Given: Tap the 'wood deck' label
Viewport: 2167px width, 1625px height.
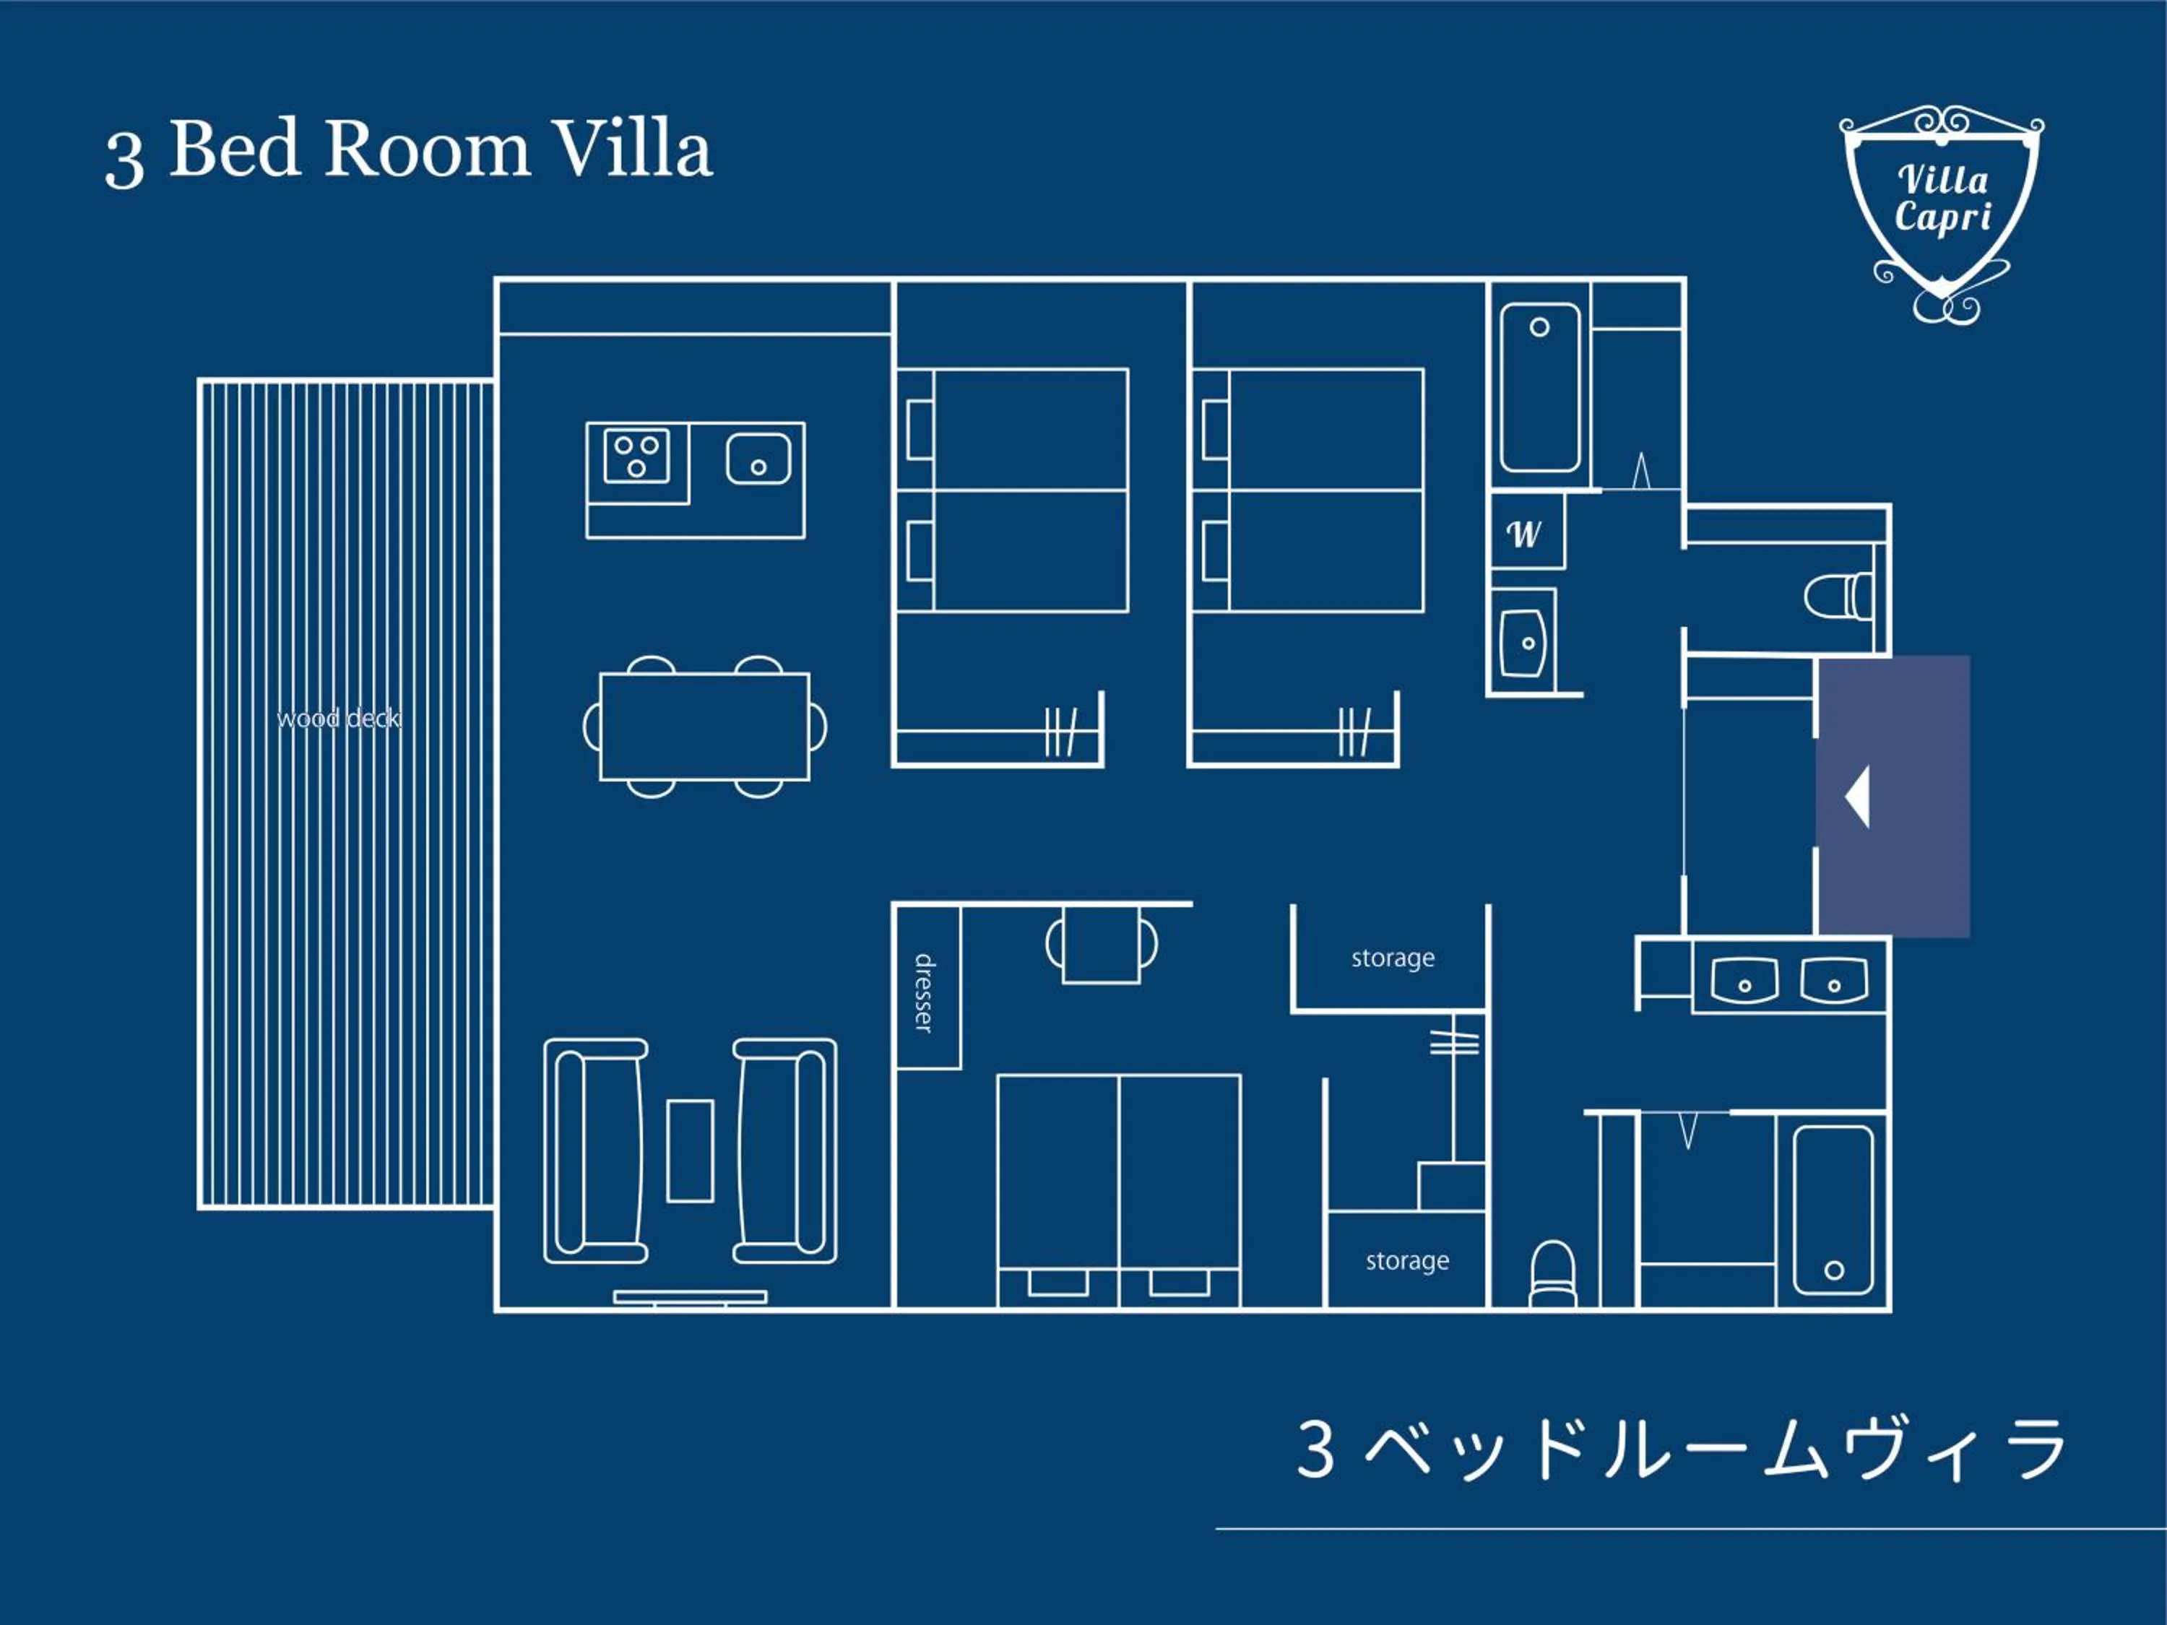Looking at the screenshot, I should tap(338, 719).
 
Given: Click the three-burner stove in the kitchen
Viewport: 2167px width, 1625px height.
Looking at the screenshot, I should tap(637, 456).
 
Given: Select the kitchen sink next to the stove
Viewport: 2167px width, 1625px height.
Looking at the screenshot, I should tap(758, 459).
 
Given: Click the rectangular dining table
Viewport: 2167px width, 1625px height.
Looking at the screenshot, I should tap(704, 726).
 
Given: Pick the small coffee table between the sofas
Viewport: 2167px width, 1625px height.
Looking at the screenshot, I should tap(690, 1150).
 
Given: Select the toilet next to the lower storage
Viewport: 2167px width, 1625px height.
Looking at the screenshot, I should tap(1553, 1273).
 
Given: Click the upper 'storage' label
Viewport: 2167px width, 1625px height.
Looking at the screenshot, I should tap(1392, 958).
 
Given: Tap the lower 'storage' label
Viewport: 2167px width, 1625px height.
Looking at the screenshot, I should tap(1407, 1260).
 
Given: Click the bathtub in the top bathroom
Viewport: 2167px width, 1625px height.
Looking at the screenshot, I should tap(1539, 388).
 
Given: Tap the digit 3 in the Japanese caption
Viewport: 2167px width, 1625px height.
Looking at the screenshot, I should tap(1315, 1449).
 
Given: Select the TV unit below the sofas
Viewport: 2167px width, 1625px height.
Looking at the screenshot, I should tap(690, 1297).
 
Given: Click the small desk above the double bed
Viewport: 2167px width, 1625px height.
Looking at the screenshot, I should tap(1101, 944).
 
